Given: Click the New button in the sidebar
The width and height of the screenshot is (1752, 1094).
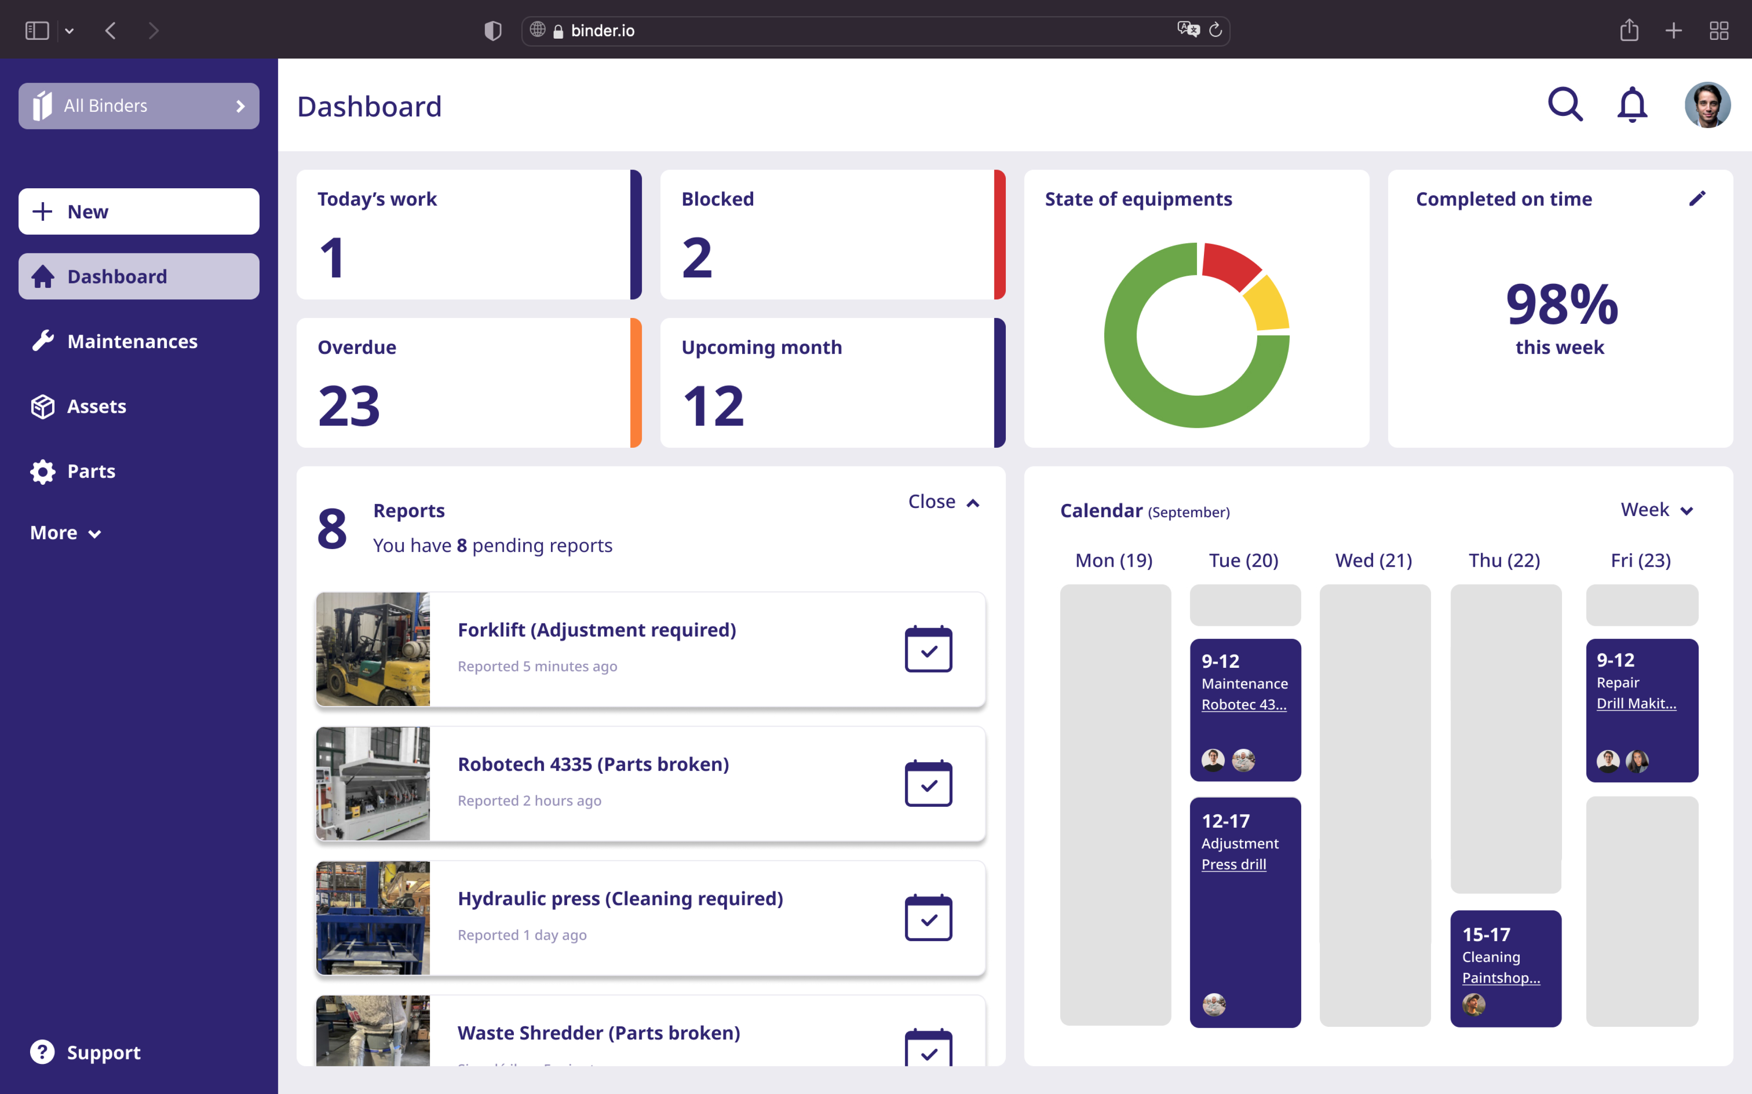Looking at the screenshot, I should (138, 211).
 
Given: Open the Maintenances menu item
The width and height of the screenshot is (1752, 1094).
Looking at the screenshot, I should (132, 342).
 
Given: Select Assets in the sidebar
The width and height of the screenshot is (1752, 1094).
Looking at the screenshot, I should (96, 407).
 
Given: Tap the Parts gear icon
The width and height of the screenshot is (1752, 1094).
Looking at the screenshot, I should (43, 472).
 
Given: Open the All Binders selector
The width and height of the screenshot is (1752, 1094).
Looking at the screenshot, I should (138, 106).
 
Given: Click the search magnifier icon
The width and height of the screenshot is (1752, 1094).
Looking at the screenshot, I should (1564, 105).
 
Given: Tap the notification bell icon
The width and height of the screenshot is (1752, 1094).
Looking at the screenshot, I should (1632, 105).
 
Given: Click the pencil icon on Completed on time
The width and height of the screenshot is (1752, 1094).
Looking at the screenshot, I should (1697, 198).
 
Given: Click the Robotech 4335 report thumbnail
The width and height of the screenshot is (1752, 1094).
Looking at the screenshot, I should (373, 784).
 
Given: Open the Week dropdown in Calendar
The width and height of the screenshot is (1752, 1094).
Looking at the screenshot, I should (1656, 510).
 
